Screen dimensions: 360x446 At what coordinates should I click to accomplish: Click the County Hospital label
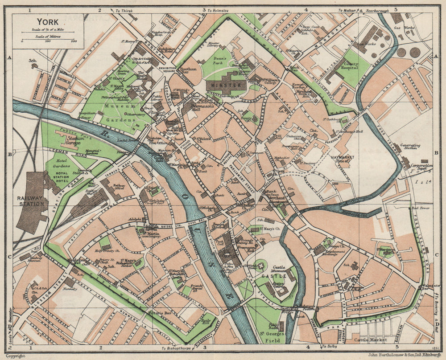pyautogui.click(x=351, y=67)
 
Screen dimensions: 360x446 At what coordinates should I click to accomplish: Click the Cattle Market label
pyautogui.click(x=370, y=340)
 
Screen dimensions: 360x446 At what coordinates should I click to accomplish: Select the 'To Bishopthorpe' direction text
pyautogui.click(x=181, y=348)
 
